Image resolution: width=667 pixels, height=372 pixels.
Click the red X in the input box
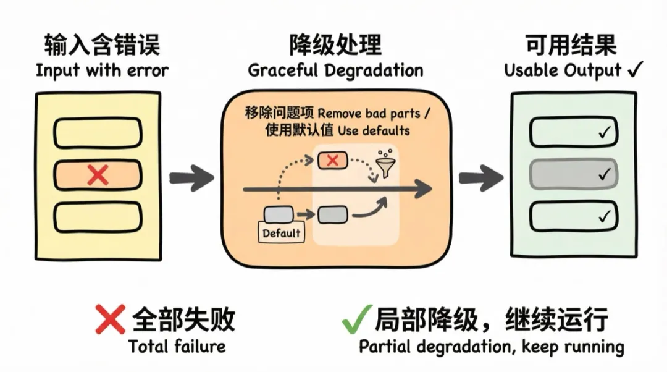98,175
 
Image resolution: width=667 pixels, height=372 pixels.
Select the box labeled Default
282,233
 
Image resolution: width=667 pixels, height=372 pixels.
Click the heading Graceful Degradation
336,70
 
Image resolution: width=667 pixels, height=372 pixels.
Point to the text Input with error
102,70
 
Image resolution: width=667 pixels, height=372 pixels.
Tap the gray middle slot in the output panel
573,174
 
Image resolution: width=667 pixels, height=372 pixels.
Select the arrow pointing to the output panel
480,177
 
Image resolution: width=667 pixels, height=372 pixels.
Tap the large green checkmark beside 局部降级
357,318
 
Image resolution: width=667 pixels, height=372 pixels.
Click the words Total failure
177,346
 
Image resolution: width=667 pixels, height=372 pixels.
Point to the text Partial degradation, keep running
492,346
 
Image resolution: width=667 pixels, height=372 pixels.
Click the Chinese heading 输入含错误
102,45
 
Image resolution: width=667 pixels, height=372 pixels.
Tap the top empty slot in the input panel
98,132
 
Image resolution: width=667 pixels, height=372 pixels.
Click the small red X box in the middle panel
332,161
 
